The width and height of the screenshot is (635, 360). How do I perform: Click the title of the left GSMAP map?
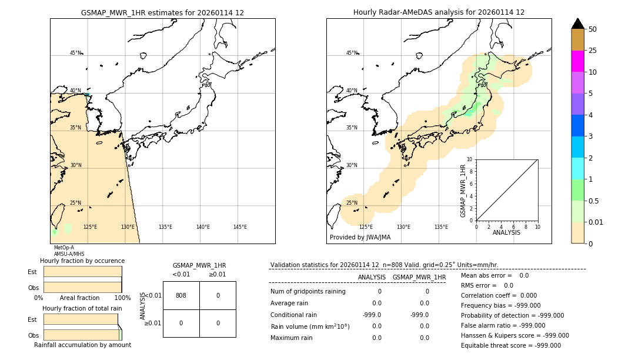[x=162, y=12]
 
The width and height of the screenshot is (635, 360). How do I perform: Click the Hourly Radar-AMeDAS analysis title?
[x=439, y=12]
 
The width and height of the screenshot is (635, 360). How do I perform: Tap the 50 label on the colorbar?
[x=593, y=29]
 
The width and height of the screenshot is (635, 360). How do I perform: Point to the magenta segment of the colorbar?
[x=577, y=61]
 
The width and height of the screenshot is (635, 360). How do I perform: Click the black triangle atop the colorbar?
[x=577, y=24]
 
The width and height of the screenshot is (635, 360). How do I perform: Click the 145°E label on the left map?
[x=240, y=227]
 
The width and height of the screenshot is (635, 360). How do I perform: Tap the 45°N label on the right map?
[x=352, y=53]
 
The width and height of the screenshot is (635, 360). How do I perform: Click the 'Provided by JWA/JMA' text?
[x=360, y=238]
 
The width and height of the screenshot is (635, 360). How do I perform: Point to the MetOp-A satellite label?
[x=64, y=248]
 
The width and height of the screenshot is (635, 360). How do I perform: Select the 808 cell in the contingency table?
[x=181, y=295]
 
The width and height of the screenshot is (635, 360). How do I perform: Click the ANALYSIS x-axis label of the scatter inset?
[x=506, y=233]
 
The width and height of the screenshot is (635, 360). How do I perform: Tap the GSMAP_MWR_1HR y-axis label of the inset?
[x=463, y=191]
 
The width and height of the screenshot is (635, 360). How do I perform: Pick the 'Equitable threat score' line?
[x=510, y=345]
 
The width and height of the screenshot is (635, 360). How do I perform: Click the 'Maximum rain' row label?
[x=292, y=338]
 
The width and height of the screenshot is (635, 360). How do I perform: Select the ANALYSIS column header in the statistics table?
[x=372, y=277]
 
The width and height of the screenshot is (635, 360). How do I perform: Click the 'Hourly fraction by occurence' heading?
[x=82, y=261]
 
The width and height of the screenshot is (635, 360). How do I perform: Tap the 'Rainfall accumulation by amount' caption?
[x=82, y=345]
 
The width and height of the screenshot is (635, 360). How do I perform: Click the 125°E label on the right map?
[x=366, y=227]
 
